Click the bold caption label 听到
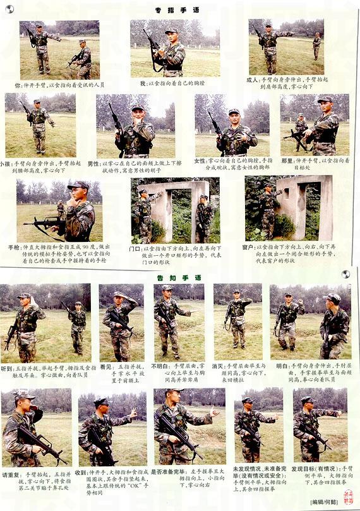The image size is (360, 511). coord(8,368)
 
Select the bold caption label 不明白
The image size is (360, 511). coord(161,366)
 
